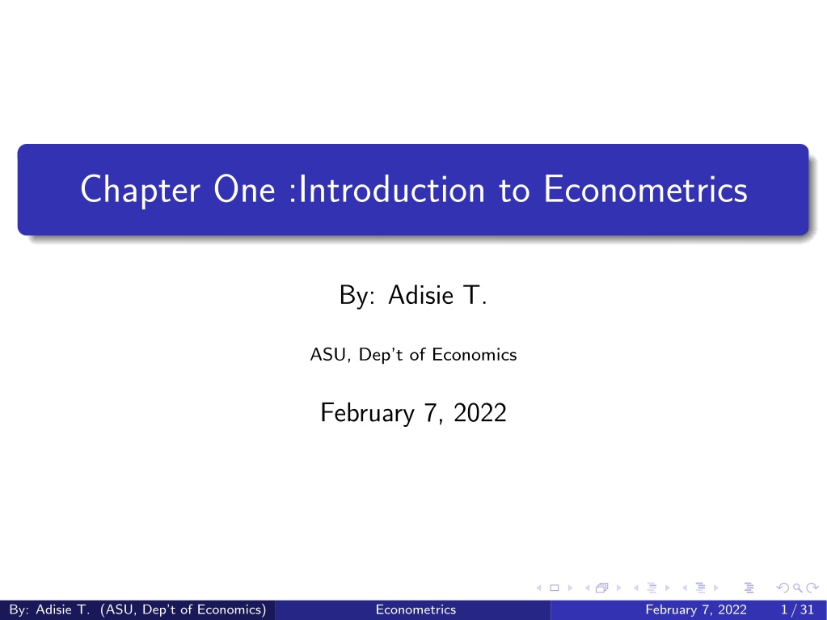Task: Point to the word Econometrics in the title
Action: click(x=645, y=190)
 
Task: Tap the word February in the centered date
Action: click(x=358, y=413)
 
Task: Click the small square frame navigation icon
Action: click(x=555, y=587)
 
